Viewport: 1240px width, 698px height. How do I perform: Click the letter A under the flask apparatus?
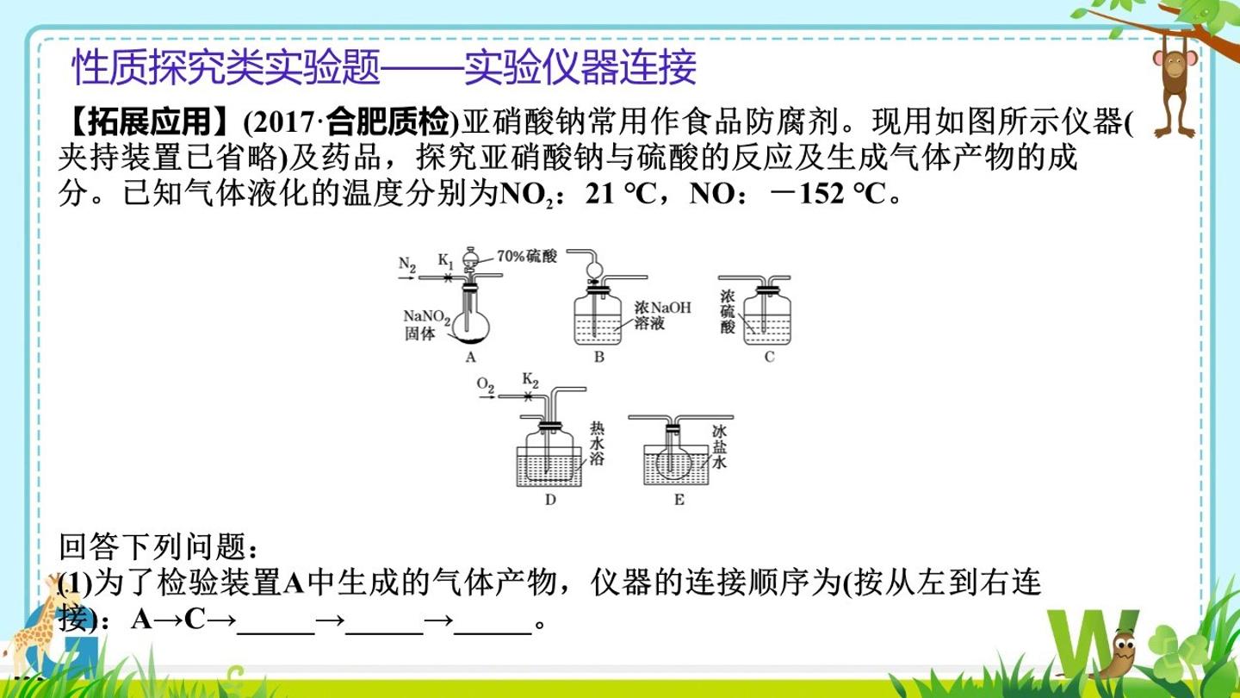point(470,358)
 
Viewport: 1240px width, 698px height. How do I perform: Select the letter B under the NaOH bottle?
point(599,358)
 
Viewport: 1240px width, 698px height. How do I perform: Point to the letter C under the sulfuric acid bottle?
point(770,358)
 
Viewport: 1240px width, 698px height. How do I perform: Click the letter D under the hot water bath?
point(550,500)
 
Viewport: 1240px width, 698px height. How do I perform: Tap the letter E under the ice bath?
point(679,500)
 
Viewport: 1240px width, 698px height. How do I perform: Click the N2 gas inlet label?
point(407,265)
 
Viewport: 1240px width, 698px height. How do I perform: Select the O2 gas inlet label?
point(486,385)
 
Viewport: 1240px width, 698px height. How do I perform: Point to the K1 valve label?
point(446,260)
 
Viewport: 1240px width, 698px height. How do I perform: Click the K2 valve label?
point(530,380)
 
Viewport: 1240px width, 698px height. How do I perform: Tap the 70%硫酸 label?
point(527,256)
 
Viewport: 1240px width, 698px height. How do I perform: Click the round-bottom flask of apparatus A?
point(470,326)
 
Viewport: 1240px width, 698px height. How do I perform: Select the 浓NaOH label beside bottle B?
point(663,308)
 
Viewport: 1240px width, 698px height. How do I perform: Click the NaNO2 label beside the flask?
point(427,317)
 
